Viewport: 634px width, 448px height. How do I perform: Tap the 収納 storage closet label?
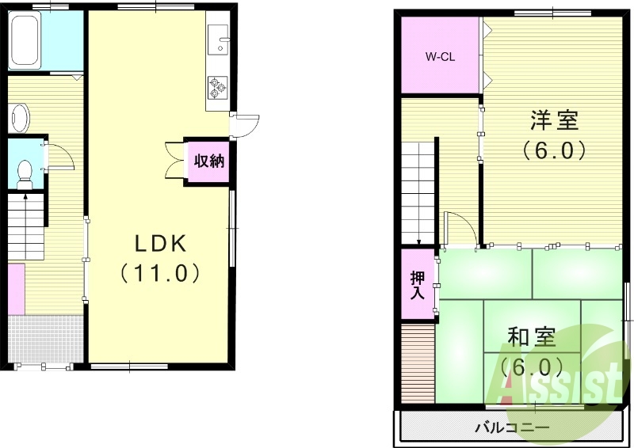pyautogui.click(x=210, y=161)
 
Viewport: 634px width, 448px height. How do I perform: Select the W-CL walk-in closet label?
pyautogui.click(x=440, y=56)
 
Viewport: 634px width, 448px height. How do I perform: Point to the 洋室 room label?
pyautogui.click(x=554, y=120)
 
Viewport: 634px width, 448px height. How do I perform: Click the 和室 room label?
pyautogui.click(x=531, y=338)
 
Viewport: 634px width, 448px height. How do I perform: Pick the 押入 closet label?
pyautogui.click(x=418, y=285)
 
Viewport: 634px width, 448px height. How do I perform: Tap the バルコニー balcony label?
pyautogui.click(x=511, y=428)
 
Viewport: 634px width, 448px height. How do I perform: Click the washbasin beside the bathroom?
pyautogui.click(x=20, y=118)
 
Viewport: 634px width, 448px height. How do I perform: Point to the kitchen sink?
pyautogui.click(x=219, y=39)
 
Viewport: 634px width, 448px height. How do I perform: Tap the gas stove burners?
pyautogui.click(x=217, y=87)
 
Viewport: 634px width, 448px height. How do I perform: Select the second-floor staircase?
pyautogui.click(x=418, y=190)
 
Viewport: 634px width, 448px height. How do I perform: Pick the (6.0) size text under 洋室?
pyautogui.click(x=554, y=149)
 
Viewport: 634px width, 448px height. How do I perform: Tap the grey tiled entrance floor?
pyautogui.click(x=46, y=339)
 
